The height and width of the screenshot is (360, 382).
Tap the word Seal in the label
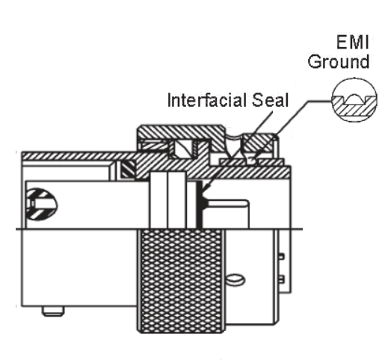(x=270, y=99)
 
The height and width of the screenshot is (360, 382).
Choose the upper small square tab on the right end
(x=282, y=256)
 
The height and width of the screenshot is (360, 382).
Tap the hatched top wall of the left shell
(x=75, y=156)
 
